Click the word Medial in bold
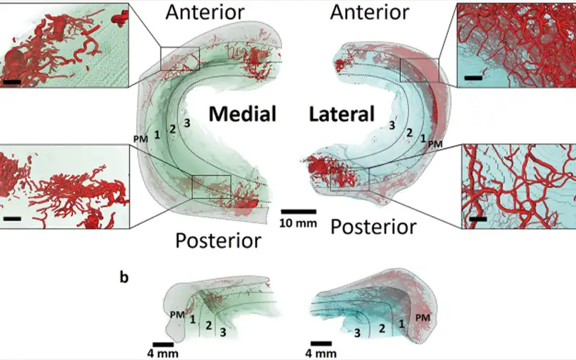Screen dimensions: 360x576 (x=243, y=114)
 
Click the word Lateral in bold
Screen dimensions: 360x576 (x=342, y=114)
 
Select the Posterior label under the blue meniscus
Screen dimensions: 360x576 (x=373, y=227)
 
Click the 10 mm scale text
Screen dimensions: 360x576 (x=298, y=222)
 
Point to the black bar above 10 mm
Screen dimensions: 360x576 (x=298, y=211)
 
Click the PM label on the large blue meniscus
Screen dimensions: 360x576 (x=435, y=144)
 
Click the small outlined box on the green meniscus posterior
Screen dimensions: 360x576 (x=211, y=186)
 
